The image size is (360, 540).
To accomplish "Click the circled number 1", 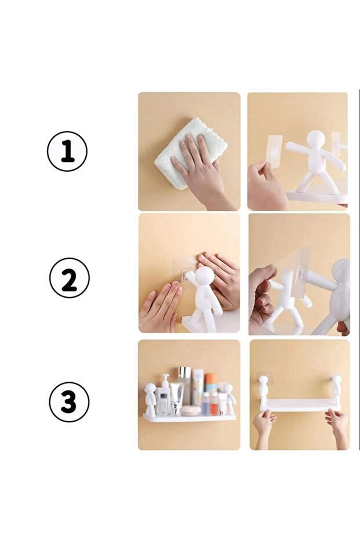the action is point(67,151).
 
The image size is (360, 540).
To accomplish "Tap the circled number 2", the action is point(69,278).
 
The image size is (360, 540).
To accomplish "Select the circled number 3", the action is point(69,402).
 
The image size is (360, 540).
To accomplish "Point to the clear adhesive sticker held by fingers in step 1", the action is point(275,152).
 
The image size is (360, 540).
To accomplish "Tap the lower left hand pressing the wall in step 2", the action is point(161,306).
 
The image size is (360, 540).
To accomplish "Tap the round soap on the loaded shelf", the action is point(191,411).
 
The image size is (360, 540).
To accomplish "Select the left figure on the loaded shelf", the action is point(150,398).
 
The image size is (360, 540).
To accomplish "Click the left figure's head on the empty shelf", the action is point(263,380).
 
